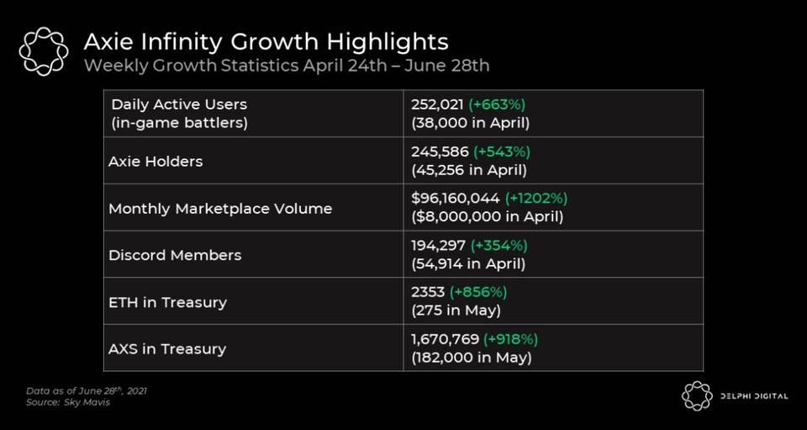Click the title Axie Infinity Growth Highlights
coord(266,42)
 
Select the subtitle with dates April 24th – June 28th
coord(287,66)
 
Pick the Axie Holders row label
coord(156,161)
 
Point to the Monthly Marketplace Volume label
coord(220,208)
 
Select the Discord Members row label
coord(175,255)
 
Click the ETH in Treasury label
coord(167,302)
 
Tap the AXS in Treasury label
coord(167,348)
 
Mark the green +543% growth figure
coord(502,151)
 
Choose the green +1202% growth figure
coord(536,199)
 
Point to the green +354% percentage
coord(499,246)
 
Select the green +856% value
coord(478,293)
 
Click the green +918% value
coord(509,339)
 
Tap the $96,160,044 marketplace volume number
coord(455,199)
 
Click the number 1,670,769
coord(443,339)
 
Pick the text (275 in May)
coord(456,310)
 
